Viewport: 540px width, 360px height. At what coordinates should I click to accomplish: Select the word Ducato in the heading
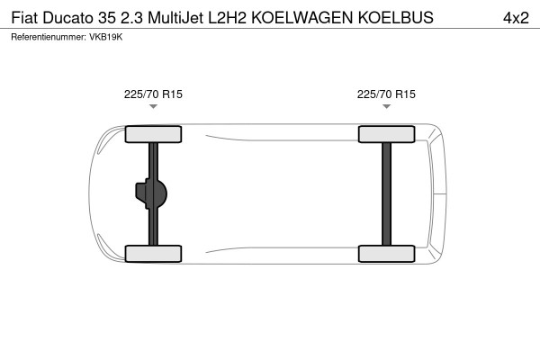(x=69, y=17)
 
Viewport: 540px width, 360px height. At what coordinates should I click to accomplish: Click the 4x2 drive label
(x=515, y=17)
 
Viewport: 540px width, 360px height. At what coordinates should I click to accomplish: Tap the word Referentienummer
(x=49, y=37)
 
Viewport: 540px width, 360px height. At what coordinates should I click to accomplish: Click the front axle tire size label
(x=153, y=93)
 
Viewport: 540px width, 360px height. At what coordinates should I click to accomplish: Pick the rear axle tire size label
(x=386, y=93)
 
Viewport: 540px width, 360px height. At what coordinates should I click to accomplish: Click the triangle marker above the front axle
(x=153, y=107)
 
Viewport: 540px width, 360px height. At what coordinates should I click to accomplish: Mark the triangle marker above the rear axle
(x=386, y=107)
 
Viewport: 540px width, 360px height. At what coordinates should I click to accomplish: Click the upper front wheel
(x=153, y=135)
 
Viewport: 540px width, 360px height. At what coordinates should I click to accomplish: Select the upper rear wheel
(x=386, y=135)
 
